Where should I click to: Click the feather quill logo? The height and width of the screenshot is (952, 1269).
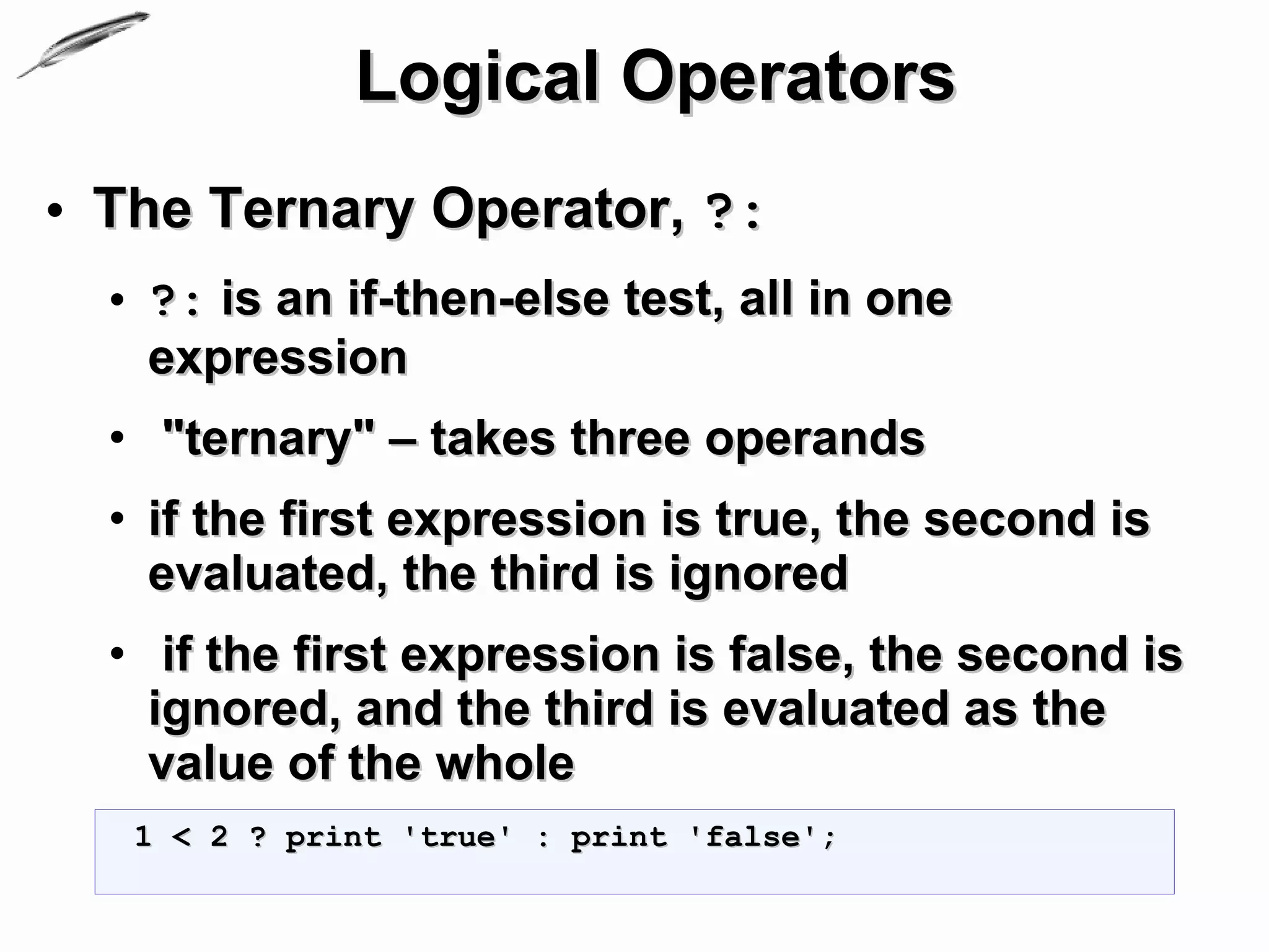(84, 44)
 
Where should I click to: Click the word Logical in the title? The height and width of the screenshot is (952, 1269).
(477, 78)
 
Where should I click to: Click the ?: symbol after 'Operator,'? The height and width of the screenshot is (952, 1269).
(733, 213)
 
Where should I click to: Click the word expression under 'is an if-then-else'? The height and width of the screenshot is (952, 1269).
(278, 358)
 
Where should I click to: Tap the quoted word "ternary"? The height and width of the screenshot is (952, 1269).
(268, 439)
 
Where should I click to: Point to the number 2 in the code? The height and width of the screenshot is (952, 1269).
(219, 837)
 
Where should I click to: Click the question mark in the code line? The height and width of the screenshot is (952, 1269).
(258, 837)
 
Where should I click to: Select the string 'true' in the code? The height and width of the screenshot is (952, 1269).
(457, 837)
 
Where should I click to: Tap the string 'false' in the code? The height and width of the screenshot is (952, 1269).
(753, 837)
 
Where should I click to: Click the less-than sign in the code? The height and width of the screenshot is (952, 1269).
(181, 838)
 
